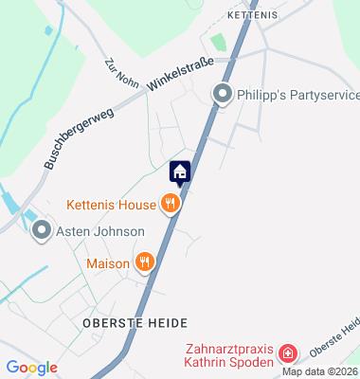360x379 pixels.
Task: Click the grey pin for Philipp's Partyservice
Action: pos(222,94)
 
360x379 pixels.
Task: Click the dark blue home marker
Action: pos(180,172)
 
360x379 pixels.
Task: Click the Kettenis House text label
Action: pos(111,203)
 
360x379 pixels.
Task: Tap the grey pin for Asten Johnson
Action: pos(41,230)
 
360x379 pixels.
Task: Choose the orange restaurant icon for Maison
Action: pos(144,262)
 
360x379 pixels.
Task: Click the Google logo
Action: pos(31,368)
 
